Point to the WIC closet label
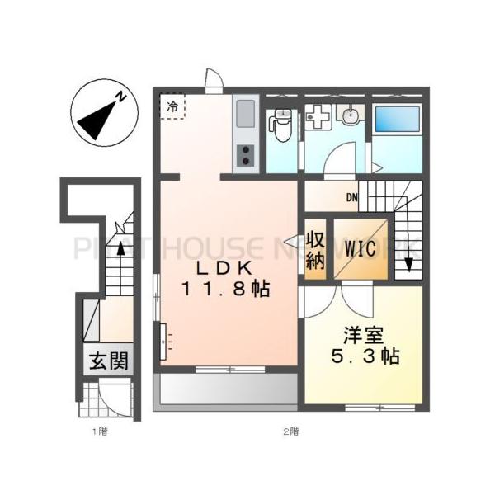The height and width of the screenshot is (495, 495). (360, 247)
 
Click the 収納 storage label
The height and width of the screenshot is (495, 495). (315, 250)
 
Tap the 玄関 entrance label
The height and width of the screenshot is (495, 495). (110, 362)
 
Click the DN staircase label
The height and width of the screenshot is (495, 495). (351, 196)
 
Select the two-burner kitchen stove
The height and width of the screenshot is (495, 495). (246, 153)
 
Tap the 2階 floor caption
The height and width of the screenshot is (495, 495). (290, 431)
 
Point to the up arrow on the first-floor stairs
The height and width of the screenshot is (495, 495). (120, 247)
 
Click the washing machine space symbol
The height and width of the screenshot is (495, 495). (316, 118)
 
